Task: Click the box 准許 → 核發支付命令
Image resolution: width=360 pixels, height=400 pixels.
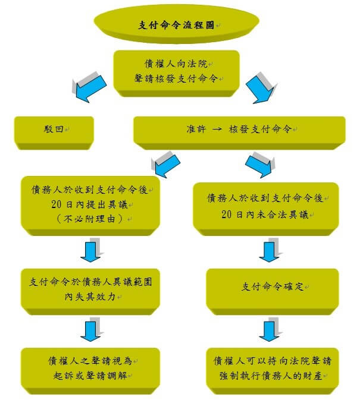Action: (x=239, y=130)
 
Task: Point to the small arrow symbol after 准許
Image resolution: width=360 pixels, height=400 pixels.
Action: (x=218, y=130)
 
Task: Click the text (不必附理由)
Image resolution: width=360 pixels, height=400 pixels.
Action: (x=90, y=219)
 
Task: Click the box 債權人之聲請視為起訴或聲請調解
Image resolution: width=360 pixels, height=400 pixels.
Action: (x=90, y=366)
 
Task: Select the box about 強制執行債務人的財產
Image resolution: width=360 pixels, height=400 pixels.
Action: (x=273, y=367)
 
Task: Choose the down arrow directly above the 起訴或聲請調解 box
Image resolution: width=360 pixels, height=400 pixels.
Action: (x=90, y=330)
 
